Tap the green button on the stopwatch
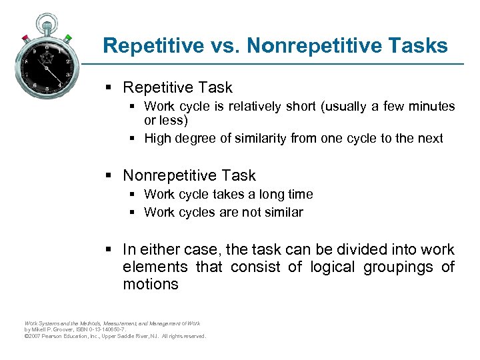click(x=68, y=37)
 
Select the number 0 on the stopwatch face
click(x=47, y=48)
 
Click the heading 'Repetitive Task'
click(x=177, y=87)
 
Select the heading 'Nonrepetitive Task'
click(x=189, y=175)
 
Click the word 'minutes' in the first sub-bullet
click(x=431, y=106)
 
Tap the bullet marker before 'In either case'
click(x=109, y=250)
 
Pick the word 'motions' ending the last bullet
click(x=151, y=285)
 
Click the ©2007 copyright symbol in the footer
click(x=26, y=336)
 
